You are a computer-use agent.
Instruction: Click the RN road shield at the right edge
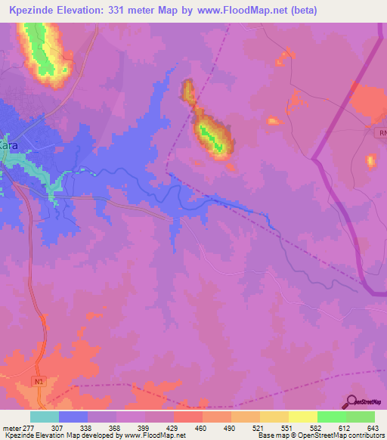coord(381,132)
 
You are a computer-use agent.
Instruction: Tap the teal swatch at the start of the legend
coord(45,417)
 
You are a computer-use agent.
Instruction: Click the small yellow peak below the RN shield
coord(370,160)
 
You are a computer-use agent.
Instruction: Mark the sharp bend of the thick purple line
coord(313,158)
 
